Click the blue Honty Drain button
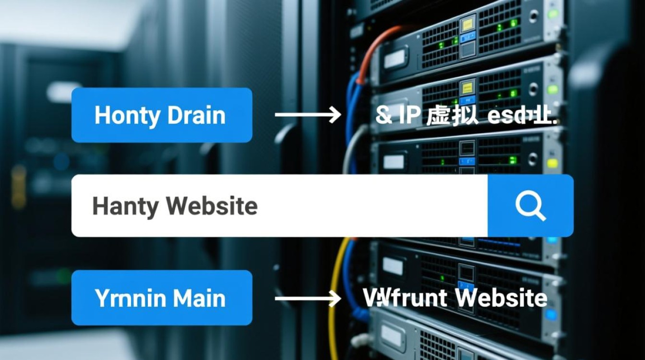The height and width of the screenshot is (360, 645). point(162,115)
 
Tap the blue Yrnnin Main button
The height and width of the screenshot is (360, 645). point(162,298)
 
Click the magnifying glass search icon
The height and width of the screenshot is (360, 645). point(530,206)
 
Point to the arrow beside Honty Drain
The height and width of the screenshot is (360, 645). point(308,115)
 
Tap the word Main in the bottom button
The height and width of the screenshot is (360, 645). point(199,298)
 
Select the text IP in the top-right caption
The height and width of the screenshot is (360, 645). point(409,116)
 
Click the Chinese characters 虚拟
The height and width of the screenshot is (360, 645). point(452,116)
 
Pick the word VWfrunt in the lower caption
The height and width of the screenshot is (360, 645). point(405,298)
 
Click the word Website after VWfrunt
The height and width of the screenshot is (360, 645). point(501,298)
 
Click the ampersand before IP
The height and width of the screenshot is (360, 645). point(383,116)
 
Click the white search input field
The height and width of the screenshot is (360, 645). point(336,206)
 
